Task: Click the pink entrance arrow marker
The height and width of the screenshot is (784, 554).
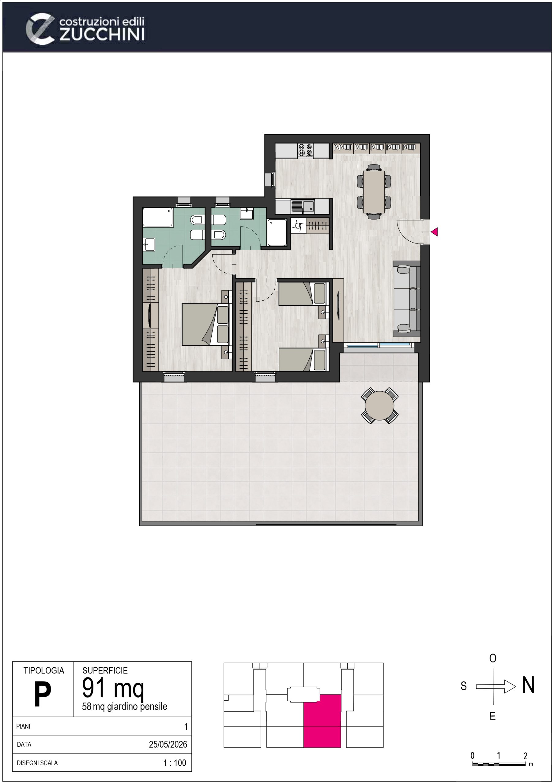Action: click(x=435, y=232)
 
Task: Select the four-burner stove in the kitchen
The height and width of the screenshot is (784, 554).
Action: click(x=305, y=150)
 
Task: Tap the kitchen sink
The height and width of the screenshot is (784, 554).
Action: click(x=303, y=206)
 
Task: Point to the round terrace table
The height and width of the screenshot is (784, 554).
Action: click(x=379, y=406)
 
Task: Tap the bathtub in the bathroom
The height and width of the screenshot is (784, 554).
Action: click(x=158, y=217)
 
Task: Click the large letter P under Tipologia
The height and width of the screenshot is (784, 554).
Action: click(x=43, y=695)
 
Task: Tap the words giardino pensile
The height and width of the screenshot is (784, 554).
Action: click(x=137, y=707)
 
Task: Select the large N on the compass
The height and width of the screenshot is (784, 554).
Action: click(x=528, y=685)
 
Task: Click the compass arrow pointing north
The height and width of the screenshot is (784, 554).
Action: click(x=496, y=686)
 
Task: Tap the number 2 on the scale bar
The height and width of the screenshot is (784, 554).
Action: click(x=525, y=756)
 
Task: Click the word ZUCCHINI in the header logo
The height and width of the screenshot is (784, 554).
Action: click(x=102, y=35)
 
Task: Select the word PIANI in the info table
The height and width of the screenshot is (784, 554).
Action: click(x=23, y=726)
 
